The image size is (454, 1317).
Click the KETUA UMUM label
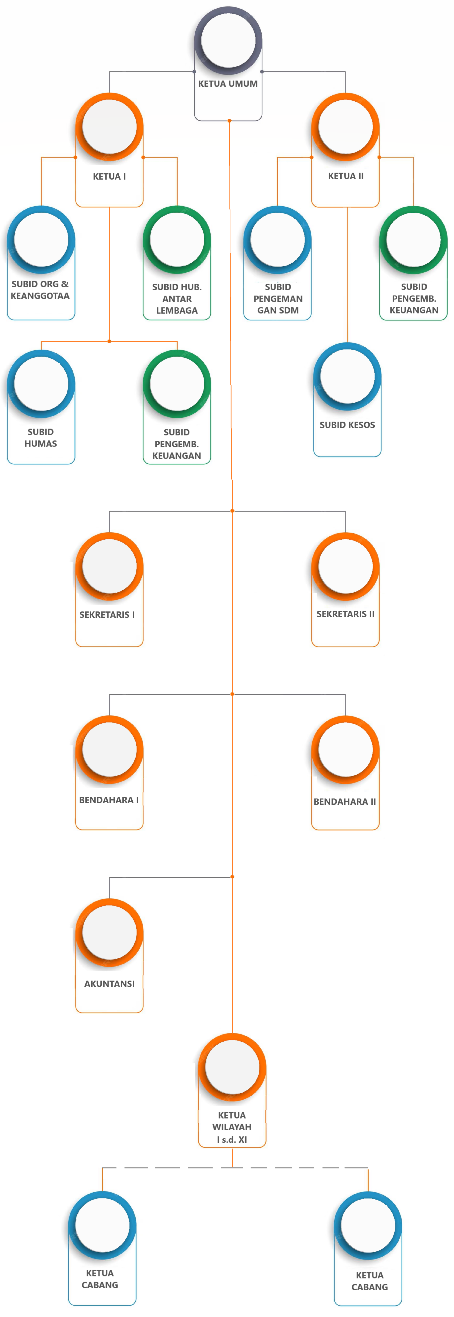click(228, 83)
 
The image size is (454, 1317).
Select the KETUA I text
click(109, 176)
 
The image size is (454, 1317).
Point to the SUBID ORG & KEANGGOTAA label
click(40, 290)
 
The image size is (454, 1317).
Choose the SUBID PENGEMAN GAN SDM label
click(278, 299)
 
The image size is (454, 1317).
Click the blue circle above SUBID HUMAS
click(41, 384)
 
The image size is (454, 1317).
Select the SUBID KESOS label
click(347, 425)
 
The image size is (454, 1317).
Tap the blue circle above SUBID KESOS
click(347, 377)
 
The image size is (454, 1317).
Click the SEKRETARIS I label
click(107, 615)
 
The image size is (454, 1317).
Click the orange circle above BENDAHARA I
click(109, 750)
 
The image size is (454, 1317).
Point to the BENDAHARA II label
click(345, 802)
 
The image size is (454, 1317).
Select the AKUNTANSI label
click(109, 984)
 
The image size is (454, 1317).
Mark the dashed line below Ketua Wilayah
click(235, 1168)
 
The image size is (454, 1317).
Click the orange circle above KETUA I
click(109, 127)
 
